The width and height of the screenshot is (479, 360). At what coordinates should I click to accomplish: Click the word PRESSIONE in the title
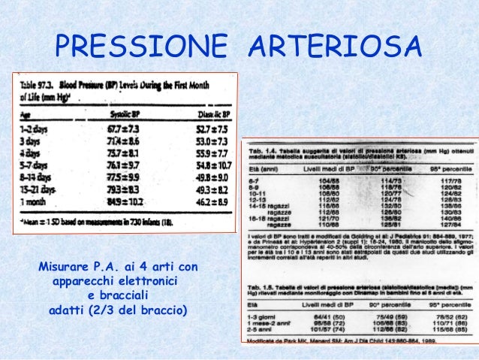coord(143,47)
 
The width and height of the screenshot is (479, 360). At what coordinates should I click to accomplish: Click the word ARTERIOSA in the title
coord(333,47)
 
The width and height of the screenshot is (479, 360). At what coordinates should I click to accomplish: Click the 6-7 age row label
coord(258,183)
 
